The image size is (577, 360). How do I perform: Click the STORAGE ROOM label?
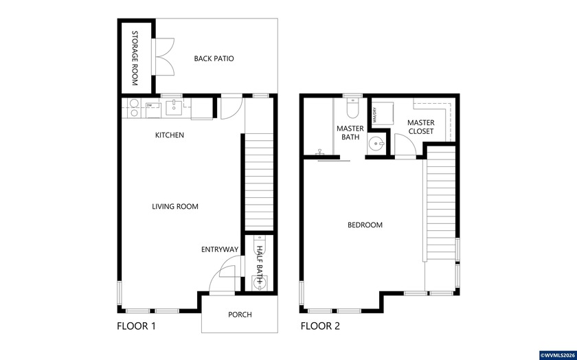[135, 58]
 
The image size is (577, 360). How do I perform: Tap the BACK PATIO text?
[214, 59]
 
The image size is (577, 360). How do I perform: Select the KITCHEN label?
[169, 135]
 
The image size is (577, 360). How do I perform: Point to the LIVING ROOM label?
[175, 206]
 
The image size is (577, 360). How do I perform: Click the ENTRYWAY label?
[219, 249]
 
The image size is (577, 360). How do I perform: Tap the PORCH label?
[240, 315]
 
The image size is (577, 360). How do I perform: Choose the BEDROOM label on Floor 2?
[365, 225]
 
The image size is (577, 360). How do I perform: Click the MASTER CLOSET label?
[420, 126]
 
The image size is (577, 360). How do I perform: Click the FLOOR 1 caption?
[136, 326]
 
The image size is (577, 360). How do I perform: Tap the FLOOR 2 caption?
[320, 326]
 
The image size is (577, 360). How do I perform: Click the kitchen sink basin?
[175, 106]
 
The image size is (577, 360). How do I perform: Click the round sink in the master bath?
[374, 144]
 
